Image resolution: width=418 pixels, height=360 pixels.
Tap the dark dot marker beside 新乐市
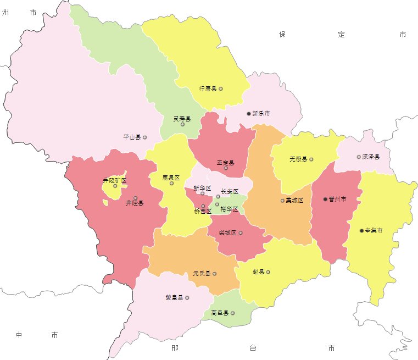[248, 114]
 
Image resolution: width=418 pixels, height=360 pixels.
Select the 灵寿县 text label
[182, 119]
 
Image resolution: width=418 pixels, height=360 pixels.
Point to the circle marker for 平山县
[145, 137]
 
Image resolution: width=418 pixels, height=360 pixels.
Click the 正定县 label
[225, 163]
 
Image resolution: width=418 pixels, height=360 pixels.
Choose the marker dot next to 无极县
[311, 159]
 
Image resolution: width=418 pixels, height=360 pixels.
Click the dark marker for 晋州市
[325, 199]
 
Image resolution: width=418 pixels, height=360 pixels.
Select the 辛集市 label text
[374, 231]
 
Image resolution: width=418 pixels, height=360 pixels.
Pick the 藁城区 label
[295, 201]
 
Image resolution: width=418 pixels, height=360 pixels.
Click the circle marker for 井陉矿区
[115, 186]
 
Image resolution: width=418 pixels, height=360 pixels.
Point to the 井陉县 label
[135, 203]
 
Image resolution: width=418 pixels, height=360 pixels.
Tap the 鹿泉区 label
[171, 178]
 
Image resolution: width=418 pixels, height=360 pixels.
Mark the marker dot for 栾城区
[241, 233]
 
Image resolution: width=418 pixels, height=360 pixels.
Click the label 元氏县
[202, 273]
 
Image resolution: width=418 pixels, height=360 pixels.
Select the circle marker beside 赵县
[268, 272]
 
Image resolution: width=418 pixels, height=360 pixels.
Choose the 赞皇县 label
[174, 298]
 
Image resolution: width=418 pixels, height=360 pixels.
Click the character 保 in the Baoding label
[282, 35]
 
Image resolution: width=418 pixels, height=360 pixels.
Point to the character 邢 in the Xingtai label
[175, 348]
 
